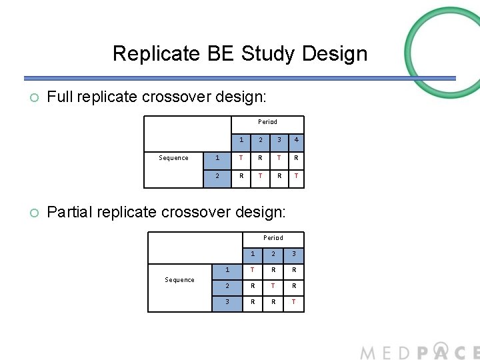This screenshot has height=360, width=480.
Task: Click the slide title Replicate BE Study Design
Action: tap(239, 53)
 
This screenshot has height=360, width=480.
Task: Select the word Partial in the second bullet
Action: tap(70, 212)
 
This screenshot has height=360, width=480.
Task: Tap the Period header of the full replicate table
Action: tap(267, 122)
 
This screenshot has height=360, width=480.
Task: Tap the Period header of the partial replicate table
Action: tap(273, 238)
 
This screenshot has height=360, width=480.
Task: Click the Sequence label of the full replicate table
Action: tap(173, 158)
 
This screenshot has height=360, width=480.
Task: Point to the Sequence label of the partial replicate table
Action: tap(179, 280)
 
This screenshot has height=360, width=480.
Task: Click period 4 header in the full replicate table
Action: tap(295, 141)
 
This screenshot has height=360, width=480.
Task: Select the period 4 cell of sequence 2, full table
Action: tap(295, 177)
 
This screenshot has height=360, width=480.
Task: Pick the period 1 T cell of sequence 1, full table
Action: tap(241, 158)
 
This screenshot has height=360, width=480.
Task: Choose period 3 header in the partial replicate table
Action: tap(293, 254)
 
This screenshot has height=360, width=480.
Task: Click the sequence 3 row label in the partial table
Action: tap(227, 301)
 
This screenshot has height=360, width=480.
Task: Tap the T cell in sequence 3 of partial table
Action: tap(293, 301)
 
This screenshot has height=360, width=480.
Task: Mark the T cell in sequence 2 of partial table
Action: tap(273, 286)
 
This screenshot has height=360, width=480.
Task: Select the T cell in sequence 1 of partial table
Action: tap(252, 270)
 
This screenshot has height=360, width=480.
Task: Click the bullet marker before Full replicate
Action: tap(35, 98)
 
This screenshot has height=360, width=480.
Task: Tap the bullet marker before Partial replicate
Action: tap(35, 213)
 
